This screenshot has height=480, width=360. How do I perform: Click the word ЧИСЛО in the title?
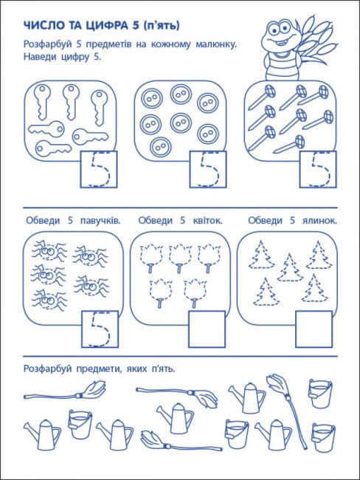click(x=41, y=28)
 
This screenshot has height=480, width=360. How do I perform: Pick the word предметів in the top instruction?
click(x=107, y=46)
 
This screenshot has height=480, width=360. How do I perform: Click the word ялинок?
click(x=318, y=220)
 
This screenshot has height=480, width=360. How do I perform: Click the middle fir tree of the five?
click(x=289, y=267)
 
